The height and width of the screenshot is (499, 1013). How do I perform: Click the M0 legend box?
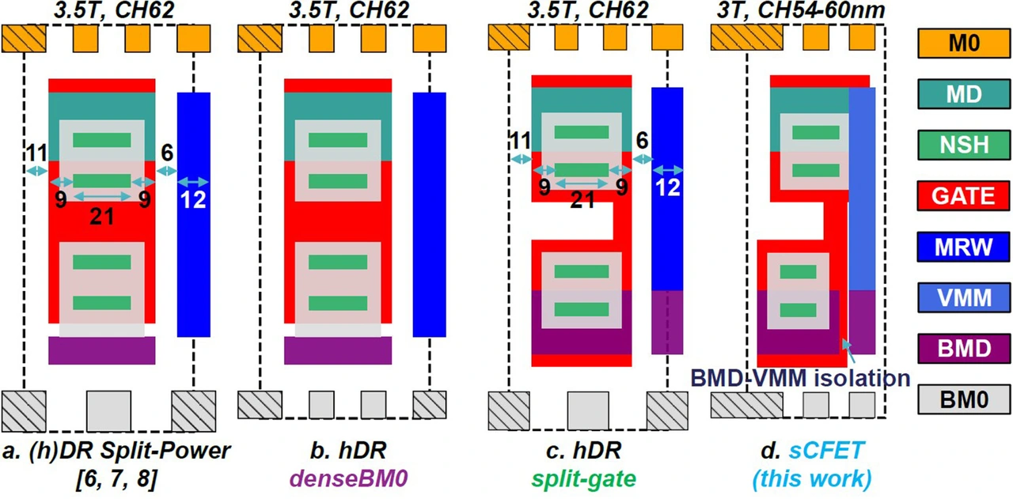pyautogui.click(x=964, y=43)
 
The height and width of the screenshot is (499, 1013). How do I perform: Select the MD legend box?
pyautogui.click(x=964, y=94)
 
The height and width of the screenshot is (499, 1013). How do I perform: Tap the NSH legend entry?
pyautogui.click(x=964, y=145)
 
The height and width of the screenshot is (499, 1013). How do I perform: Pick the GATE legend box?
pyautogui.click(x=964, y=195)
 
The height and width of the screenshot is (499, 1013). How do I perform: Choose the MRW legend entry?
pyautogui.click(x=964, y=247)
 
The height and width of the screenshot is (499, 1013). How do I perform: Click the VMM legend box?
pyautogui.click(x=964, y=297)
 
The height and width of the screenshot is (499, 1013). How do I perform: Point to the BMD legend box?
pyautogui.click(x=964, y=349)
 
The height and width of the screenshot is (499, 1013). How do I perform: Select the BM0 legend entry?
pyautogui.click(x=964, y=399)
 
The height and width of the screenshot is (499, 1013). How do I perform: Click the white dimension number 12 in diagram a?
pyautogui.click(x=194, y=200)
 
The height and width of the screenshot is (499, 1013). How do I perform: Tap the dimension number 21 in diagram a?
pyautogui.click(x=102, y=217)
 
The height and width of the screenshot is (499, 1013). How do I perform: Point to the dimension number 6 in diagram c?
pyautogui.click(x=642, y=141)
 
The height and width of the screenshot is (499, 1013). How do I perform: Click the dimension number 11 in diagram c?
pyautogui.click(x=521, y=141)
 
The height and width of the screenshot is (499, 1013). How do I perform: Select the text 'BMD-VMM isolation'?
pyautogui.click(x=800, y=378)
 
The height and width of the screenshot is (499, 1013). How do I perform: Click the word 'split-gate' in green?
pyautogui.click(x=584, y=478)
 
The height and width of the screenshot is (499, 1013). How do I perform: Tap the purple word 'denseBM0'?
pyautogui.click(x=349, y=478)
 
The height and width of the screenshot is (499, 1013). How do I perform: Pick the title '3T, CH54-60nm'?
pyautogui.click(x=801, y=10)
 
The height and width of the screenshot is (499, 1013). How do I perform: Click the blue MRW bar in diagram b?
pyautogui.click(x=429, y=214)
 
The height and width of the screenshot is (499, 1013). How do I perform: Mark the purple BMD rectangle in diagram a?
pyautogui.click(x=102, y=350)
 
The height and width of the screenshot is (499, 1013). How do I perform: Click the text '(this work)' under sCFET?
pyautogui.click(x=812, y=479)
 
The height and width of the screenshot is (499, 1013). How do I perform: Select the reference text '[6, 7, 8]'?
pyautogui.click(x=117, y=479)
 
